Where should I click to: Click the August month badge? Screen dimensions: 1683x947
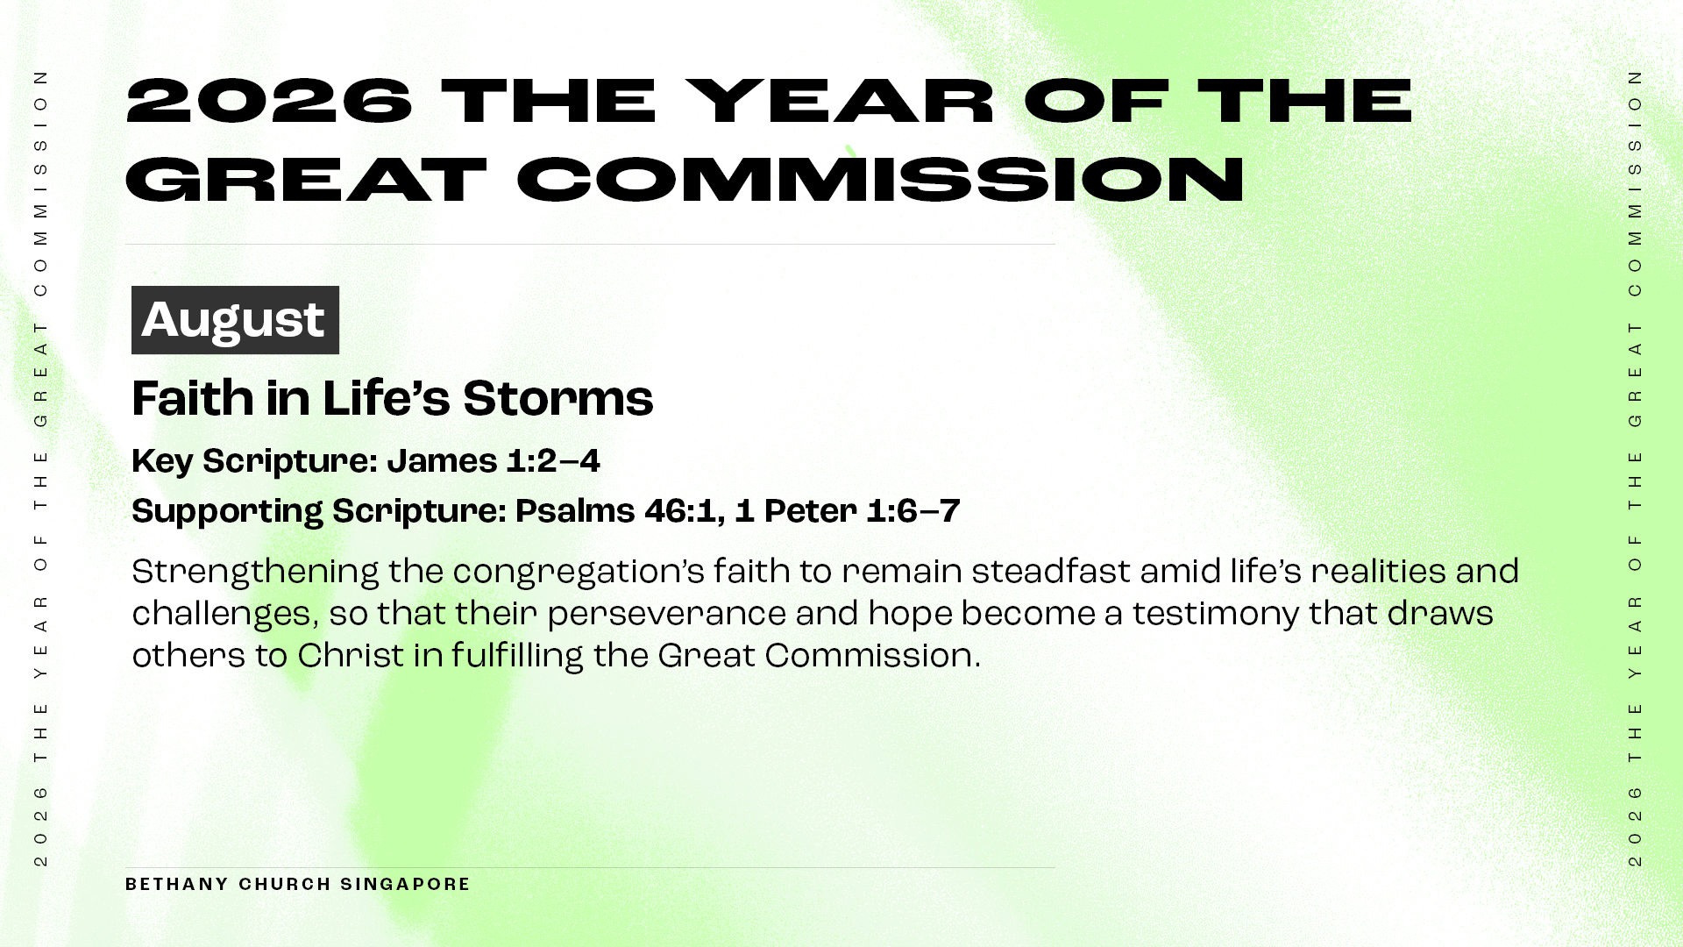point(235,320)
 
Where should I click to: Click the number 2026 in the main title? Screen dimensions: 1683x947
point(269,100)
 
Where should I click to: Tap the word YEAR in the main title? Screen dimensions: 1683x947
point(840,100)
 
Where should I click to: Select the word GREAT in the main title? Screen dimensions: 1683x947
point(306,179)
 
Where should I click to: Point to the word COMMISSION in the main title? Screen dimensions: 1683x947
point(880,179)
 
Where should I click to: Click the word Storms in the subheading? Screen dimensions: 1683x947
point(557,399)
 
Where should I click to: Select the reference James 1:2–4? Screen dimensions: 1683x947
point(494,461)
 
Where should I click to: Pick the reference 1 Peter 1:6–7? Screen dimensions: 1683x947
point(848,511)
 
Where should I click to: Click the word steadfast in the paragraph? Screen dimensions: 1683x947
point(1051,571)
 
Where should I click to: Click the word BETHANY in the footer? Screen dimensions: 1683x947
point(177,884)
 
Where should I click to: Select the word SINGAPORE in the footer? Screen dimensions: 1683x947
point(406,884)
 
